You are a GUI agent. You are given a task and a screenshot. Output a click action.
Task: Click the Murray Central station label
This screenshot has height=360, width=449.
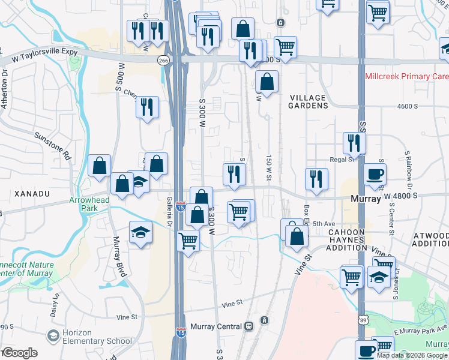tap(215, 326)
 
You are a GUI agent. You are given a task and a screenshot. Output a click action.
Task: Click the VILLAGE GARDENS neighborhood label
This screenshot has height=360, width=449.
tap(309, 101)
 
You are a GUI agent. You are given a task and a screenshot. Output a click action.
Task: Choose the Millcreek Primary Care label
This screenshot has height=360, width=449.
tap(406, 77)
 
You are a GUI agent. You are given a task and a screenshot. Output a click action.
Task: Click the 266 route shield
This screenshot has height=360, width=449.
tap(163, 61)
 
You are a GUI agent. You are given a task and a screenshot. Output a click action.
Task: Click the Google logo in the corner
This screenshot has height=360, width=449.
tap(20, 353)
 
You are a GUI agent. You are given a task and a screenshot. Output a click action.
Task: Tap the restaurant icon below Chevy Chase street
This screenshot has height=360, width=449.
tap(147, 107)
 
